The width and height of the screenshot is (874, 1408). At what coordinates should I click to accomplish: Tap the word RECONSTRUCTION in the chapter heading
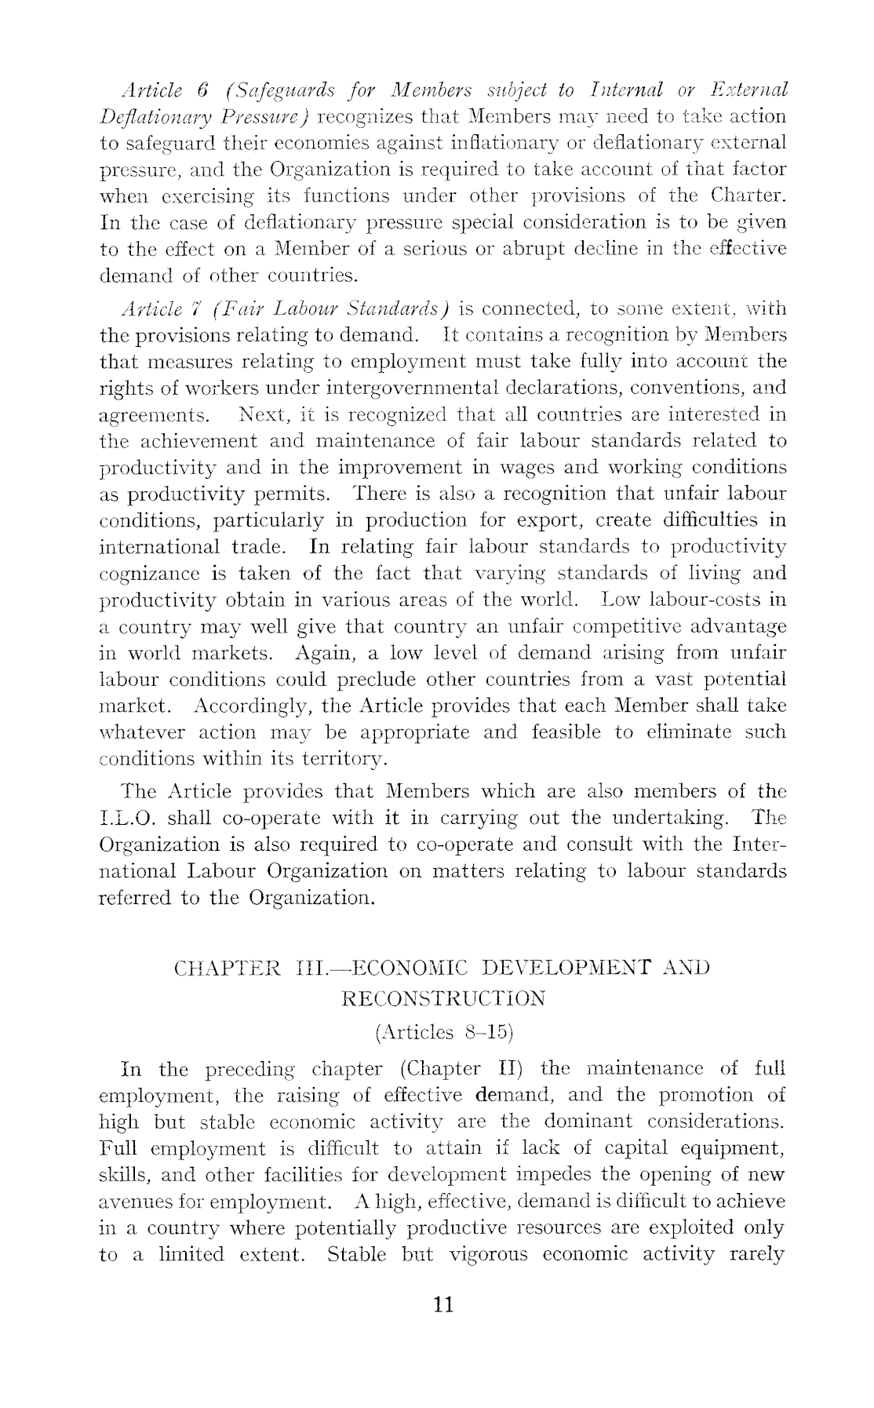pyautogui.click(x=444, y=998)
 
